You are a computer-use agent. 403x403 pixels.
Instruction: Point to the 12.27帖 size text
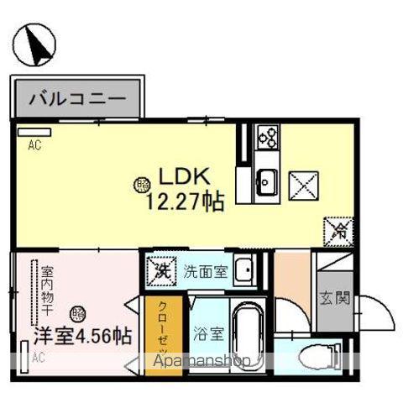(186, 201)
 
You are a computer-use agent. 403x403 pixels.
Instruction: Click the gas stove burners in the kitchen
(268, 135)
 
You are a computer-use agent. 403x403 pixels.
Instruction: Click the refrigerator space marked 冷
(338, 228)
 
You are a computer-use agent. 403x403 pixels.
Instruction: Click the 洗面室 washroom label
(206, 270)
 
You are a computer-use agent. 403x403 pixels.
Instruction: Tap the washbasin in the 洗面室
(244, 270)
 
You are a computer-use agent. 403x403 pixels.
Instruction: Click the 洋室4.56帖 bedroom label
(81, 337)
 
